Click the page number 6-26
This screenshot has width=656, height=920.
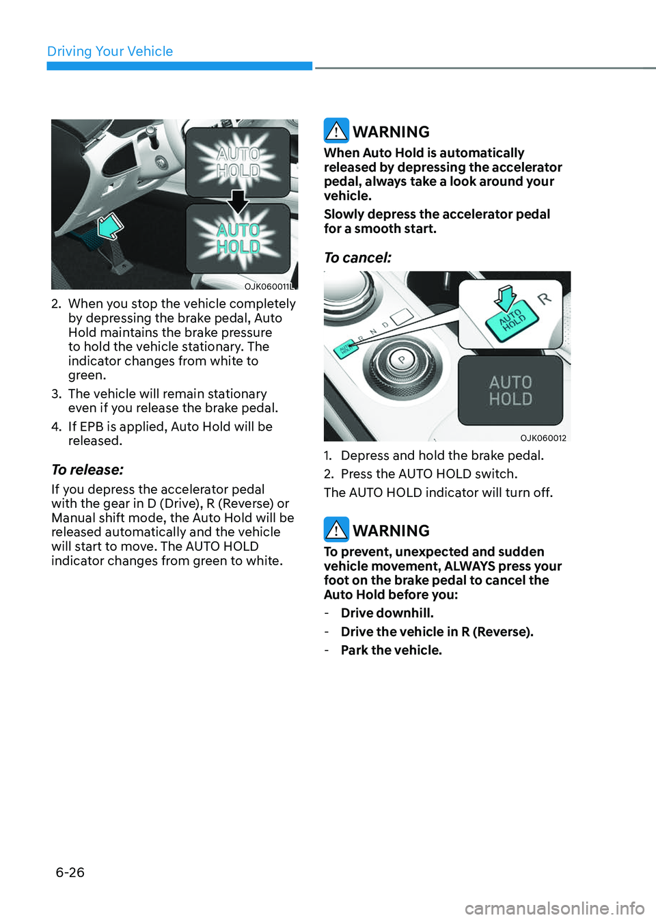click(x=70, y=872)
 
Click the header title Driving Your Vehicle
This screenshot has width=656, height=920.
click(x=110, y=51)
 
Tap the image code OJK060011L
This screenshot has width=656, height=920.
click(x=269, y=286)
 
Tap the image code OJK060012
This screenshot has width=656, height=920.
click(x=543, y=438)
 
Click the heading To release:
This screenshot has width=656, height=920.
click(x=87, y=470)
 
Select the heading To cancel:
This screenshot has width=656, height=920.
click(x=357, y=258)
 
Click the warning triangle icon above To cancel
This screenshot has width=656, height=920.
click(x=336, y=130)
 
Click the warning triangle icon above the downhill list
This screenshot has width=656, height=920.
click(x=336, y=530)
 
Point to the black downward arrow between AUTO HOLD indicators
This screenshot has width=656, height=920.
click(x=238, y=202)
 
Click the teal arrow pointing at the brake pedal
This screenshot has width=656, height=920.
click(x=111, y=226)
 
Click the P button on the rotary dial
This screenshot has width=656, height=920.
click(x=402, y=360)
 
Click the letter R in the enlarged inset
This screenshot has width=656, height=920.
click(x=545, y=299)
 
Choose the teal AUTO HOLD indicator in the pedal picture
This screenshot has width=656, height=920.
click(x=238, y=239)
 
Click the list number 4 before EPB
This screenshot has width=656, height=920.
click(x=56, y=427)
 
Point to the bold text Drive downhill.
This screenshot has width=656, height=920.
click(x=387, y=613)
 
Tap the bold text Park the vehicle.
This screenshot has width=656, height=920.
click(x=392, y=650)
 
